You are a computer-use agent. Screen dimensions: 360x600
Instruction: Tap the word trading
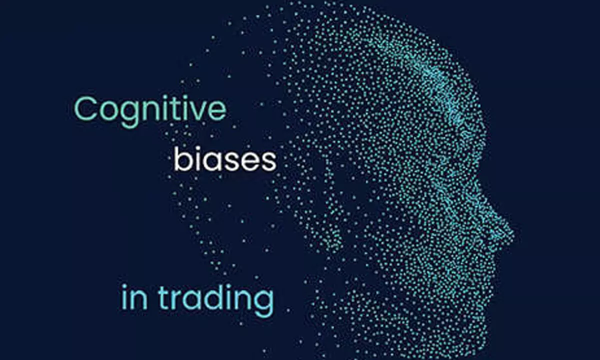(x=216, y=299)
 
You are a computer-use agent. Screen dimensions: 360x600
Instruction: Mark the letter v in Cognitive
(x=198, y=111)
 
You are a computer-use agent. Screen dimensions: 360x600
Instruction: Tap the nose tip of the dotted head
(x=511, y=232)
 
